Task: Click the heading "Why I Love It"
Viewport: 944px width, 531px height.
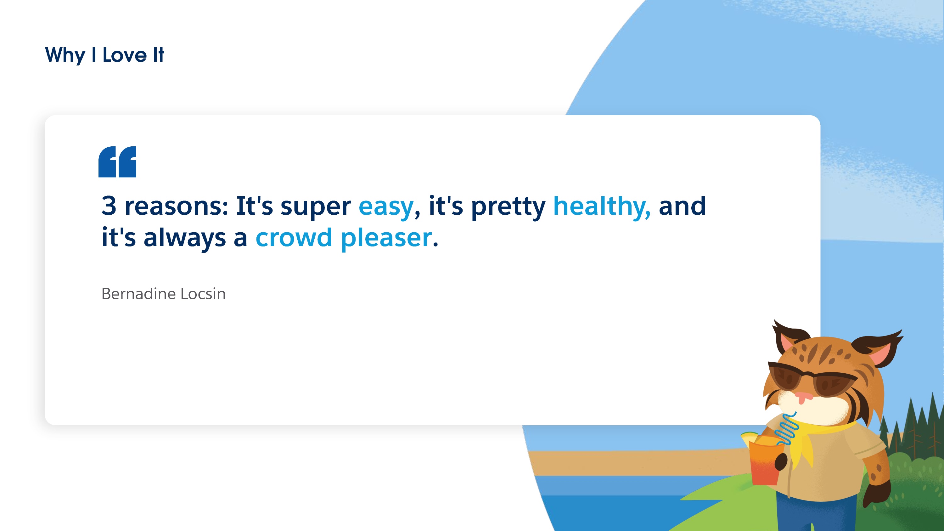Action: (x=104, y=55)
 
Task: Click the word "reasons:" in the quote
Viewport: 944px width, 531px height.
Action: (x=177, y=206)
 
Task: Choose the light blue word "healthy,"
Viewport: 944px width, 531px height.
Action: (x=602, y=207)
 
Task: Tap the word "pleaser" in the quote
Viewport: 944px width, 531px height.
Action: (x=386, y=239)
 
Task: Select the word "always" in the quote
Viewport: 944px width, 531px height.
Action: (x=185, y=239)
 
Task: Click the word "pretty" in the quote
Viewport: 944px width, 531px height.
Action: (x=508, y=208)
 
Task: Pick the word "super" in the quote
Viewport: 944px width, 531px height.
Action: (x=316, y=208)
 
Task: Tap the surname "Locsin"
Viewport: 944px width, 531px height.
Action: (x=203, y=294)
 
